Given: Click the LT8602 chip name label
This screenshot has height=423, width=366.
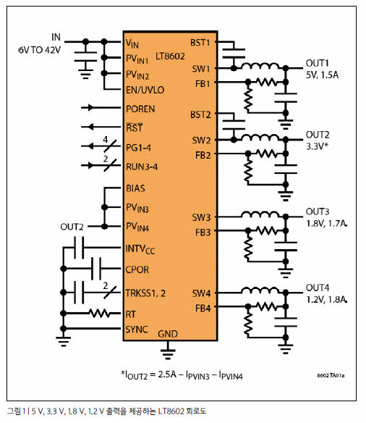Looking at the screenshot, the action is (170, 56).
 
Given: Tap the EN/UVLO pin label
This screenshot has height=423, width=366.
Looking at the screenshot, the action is (145, 90).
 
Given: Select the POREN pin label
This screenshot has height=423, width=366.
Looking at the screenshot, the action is (140, 109).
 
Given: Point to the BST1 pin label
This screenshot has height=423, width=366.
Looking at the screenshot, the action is (200, 43).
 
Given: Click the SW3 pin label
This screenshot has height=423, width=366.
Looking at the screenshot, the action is (201, 217).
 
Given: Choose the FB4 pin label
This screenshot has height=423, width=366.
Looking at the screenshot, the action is (203, 308).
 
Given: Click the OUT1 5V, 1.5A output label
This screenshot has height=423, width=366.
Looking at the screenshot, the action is (322, 69).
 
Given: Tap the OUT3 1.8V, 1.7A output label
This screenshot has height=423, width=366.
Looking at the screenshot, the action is (326, 217).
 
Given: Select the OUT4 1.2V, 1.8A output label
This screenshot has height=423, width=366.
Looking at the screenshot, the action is (326, 293).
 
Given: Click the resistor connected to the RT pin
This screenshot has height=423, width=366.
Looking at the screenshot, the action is (99, 314).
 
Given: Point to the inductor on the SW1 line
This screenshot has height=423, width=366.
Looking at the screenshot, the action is (260, 66).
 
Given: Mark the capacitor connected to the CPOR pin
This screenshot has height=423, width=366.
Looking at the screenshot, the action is (96, 269).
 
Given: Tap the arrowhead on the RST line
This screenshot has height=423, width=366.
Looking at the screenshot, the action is (91, 127).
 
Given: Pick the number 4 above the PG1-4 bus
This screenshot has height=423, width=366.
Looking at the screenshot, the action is (106, 140).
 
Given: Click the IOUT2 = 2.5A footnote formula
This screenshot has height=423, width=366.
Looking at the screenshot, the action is (182, 375).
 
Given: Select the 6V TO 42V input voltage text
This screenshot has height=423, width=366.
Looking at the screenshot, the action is (40, 50).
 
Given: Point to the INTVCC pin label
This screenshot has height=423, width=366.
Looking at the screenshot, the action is (140, 249).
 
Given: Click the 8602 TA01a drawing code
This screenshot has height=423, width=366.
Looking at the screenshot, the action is (331, 375).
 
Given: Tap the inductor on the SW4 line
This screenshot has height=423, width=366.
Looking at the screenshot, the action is (260, 290).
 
